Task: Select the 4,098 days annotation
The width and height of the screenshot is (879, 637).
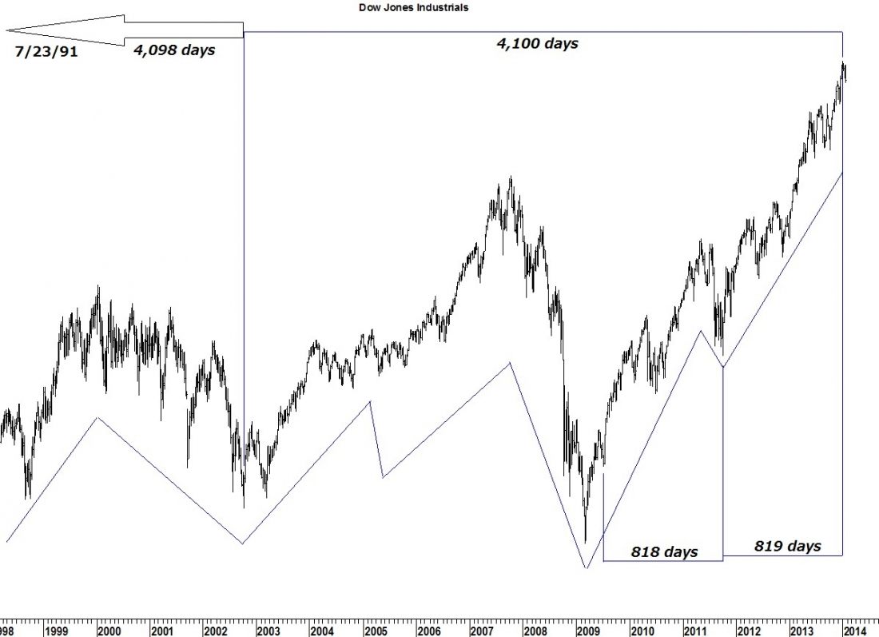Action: pos(175,50)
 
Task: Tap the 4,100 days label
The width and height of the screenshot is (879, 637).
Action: pos(537,44)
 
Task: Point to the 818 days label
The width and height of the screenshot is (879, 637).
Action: pos(664,551)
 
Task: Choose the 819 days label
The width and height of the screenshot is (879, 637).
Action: pos(787,546)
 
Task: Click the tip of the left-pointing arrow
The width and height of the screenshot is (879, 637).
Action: pos(8,30)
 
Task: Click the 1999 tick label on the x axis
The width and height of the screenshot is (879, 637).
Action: pos(55,631)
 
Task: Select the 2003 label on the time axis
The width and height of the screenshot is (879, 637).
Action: pos(268,631)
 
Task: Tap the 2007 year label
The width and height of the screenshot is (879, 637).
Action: pos(482,631)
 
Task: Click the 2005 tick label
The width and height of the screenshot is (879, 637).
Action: pos(376,631)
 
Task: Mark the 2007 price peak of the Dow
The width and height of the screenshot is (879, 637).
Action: pos(511,177)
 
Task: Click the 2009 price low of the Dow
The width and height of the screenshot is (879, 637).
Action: pos(586,543)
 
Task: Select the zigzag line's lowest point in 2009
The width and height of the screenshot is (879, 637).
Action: pos(587,568)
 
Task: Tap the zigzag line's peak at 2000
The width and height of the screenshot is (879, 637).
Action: pos(97,417)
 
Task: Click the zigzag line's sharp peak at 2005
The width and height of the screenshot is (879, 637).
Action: pos(371,401)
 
